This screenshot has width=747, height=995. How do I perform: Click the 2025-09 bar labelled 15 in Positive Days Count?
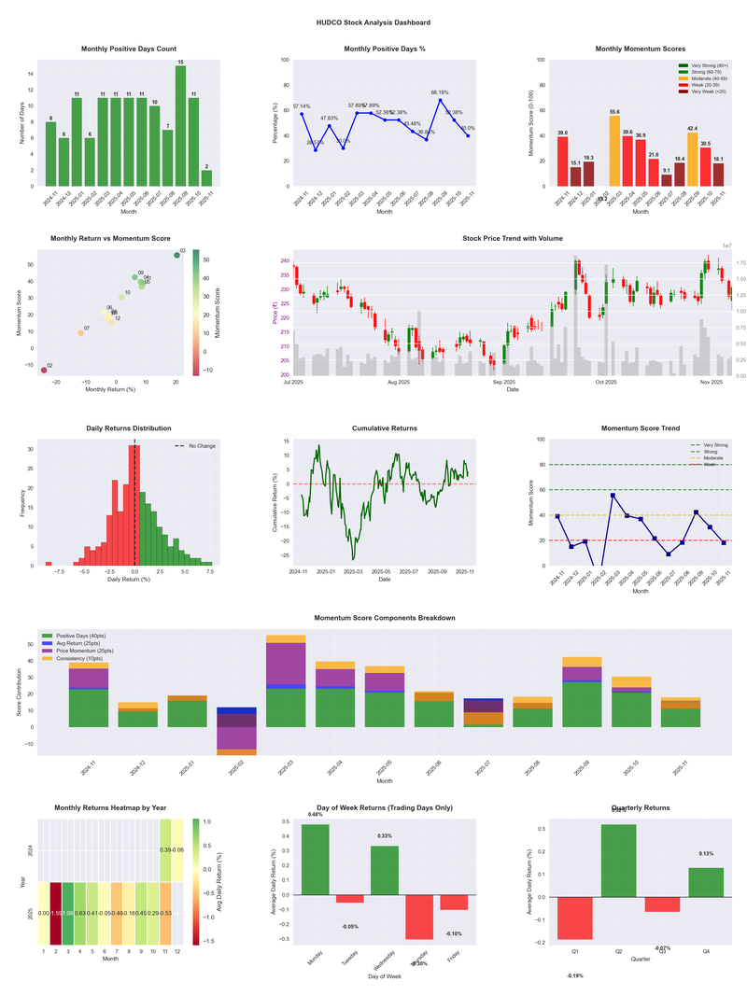(180, 126)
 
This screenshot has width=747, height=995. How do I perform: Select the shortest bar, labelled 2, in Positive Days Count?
(206, 178)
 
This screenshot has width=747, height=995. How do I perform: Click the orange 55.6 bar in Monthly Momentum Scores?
(614, 151)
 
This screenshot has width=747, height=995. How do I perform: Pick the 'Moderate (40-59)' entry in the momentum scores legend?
(710, 78)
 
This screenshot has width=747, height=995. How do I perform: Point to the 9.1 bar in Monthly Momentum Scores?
(667, 180)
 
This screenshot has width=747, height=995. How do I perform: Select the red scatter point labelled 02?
(44, 371)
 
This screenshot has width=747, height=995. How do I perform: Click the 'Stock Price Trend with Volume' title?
(512, 239)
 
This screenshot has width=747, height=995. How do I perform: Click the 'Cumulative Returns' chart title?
(385, 428)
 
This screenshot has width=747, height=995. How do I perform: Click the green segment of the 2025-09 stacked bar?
(582, 705)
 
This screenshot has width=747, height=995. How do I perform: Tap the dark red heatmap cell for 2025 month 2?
(55, 913)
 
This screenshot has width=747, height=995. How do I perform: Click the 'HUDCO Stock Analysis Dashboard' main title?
(373, 22)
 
